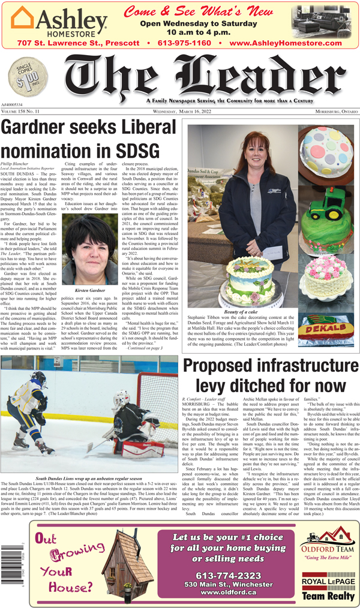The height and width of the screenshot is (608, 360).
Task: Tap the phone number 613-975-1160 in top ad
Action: (182, 43)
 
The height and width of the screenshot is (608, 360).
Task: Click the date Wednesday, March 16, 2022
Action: (182, 112)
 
